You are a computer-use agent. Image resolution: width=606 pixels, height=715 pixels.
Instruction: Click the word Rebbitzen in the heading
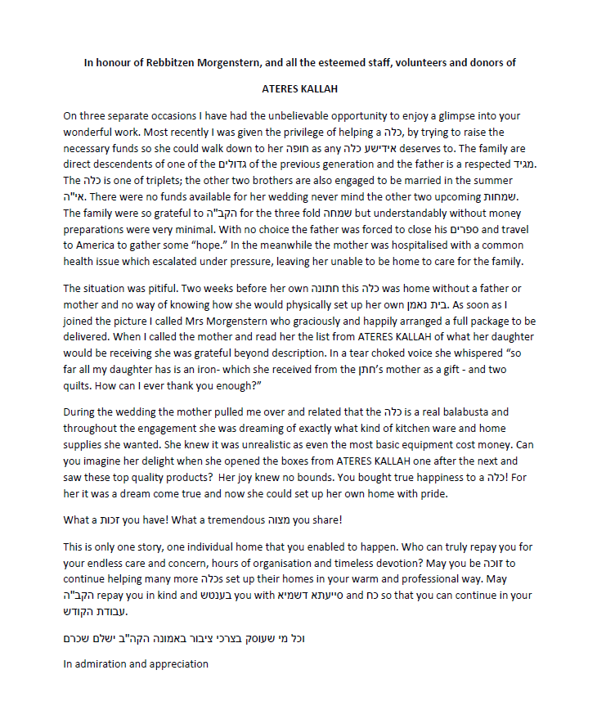click(x=164, y=63)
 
